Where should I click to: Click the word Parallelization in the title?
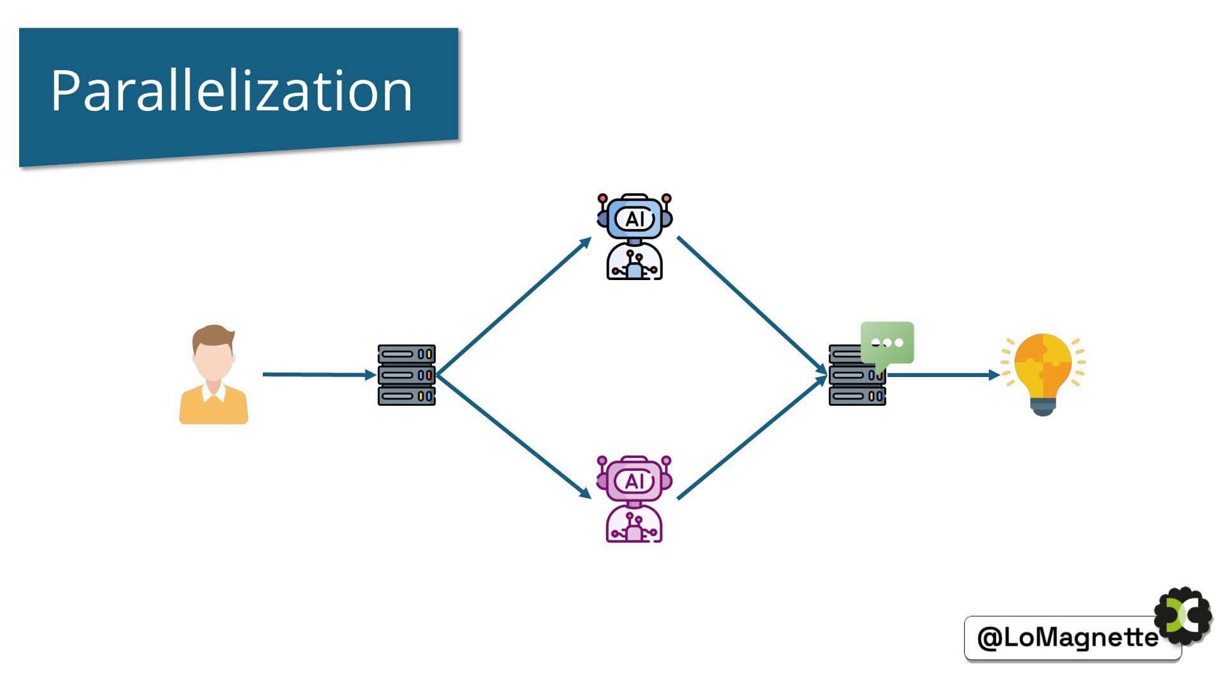(x=231, y=91)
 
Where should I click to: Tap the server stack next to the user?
(x=406, y=375)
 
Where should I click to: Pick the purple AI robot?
(x=634, y=499)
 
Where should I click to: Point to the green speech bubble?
(x=887, y=344)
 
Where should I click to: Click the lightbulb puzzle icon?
(x=1043, y=373)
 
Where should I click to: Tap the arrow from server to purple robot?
(x=514, y=436)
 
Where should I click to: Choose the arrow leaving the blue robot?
(x=752, y=304)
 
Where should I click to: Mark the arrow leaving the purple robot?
(x=752, y=438)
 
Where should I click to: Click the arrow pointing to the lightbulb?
(x=942, y=375)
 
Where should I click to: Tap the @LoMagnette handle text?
(x=1067, y=637)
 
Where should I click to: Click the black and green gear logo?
(x=1184, y=616)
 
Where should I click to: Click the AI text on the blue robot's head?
(x=635, y=219)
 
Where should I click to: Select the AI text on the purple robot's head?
(x=635, y=481)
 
